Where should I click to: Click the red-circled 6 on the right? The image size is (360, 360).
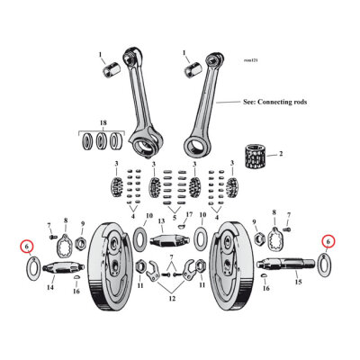point(328,241)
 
